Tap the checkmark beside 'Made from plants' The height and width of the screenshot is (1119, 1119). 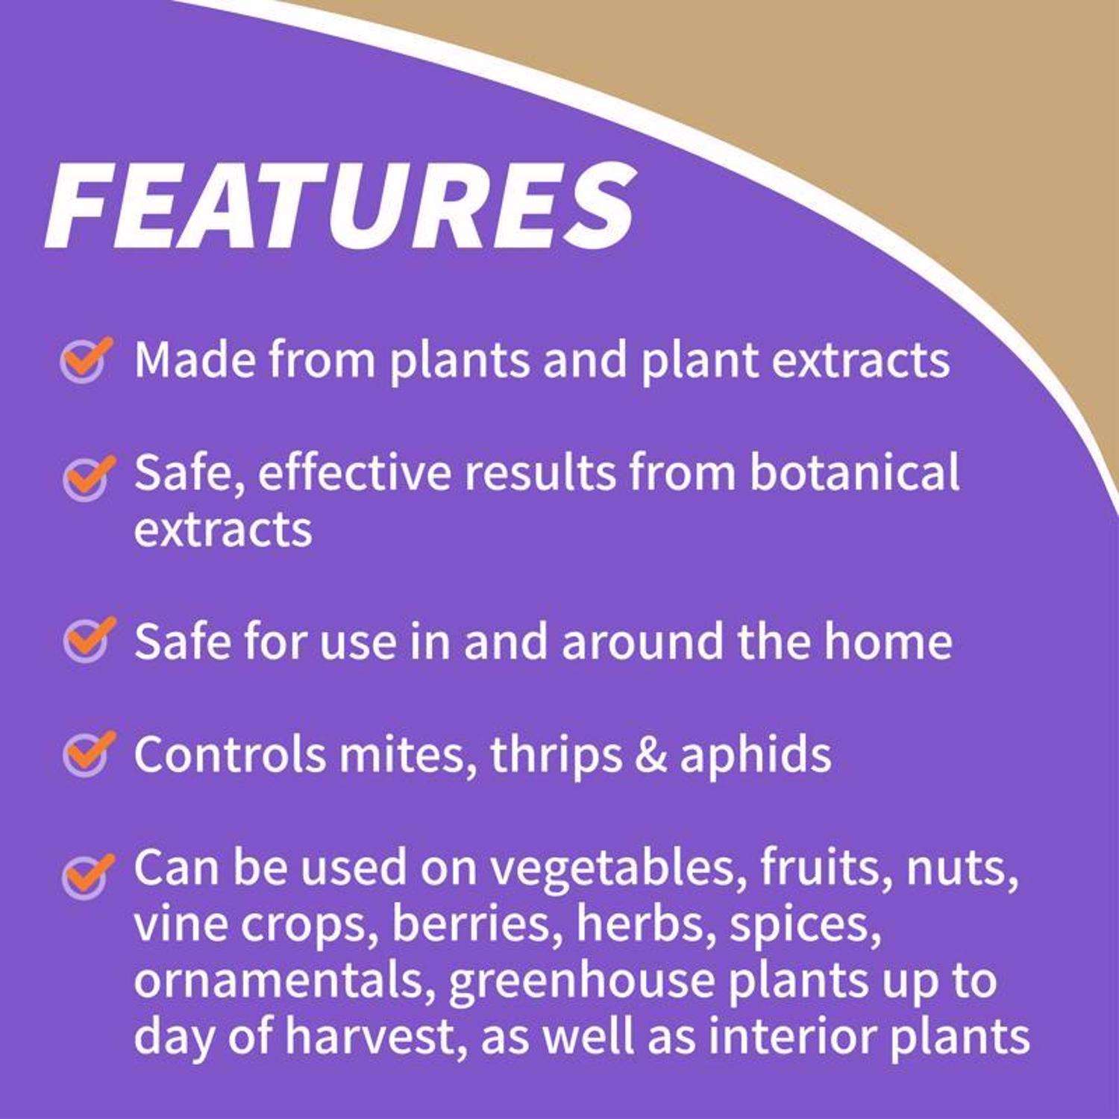87,360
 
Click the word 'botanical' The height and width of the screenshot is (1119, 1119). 853,471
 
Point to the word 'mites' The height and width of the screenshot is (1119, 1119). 407,754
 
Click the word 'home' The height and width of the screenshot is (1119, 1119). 888,641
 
